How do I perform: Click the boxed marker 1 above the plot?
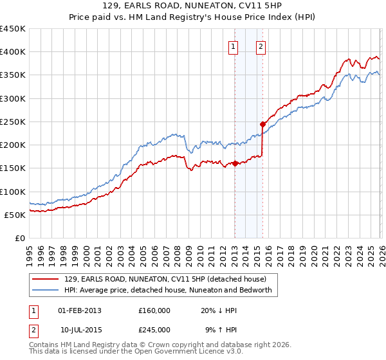pyautogui.click(x=233, y=46)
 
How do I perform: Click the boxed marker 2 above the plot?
pyautogui.click(x=261, y=46)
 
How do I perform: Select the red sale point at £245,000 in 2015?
pyautogui.click(x=262, y=124)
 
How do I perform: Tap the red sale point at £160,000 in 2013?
pyautogui.click(x=235, y=163)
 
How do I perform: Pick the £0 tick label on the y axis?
pyautogui.click(x=19, y=238)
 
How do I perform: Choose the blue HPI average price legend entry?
pyautogui.click(x=169, y=290)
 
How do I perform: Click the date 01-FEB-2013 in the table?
pyautogui.click(x=80, y=310)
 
